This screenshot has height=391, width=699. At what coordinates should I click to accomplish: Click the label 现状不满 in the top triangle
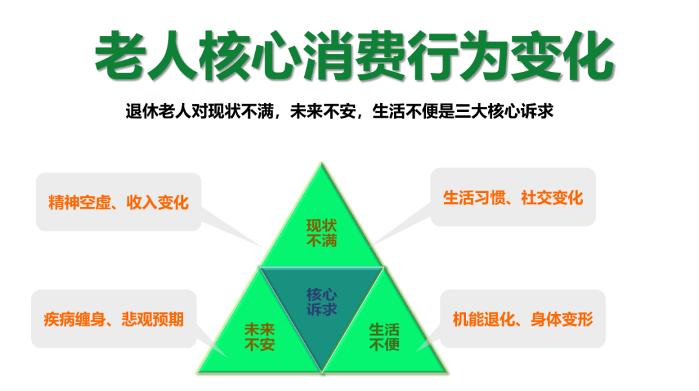click(322, 233)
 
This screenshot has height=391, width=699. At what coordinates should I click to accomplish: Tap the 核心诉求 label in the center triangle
click(322, 302)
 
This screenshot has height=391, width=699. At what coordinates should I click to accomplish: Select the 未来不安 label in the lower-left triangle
click(260, 337)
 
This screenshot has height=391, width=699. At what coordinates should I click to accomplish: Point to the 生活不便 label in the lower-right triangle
click(384, 337)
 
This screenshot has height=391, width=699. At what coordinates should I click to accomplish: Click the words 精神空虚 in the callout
click(80, 203)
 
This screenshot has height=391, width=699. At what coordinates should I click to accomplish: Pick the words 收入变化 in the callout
click(158, 203)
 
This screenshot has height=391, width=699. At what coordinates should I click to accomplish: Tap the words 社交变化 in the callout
click(552, 197)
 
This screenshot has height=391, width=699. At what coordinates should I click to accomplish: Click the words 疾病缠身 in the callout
click(74, 319)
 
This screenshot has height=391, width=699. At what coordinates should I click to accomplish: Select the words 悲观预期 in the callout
click(153, 319)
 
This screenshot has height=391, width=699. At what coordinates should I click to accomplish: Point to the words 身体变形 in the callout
click(562, 319)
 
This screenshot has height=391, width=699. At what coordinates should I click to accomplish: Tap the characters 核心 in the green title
click(250, 55)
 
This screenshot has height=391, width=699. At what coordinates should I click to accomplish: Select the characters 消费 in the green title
click(355, 55)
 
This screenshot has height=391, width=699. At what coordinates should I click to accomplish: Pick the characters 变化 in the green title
click(562, 55)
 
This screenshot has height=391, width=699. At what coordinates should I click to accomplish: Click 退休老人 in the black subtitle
click(159, 111)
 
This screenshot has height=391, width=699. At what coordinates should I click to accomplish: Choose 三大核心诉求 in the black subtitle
click(504, 111)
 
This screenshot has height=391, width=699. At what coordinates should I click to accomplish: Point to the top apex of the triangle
click(322, 163)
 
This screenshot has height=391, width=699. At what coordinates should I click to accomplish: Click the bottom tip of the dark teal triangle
click(322, 372)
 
